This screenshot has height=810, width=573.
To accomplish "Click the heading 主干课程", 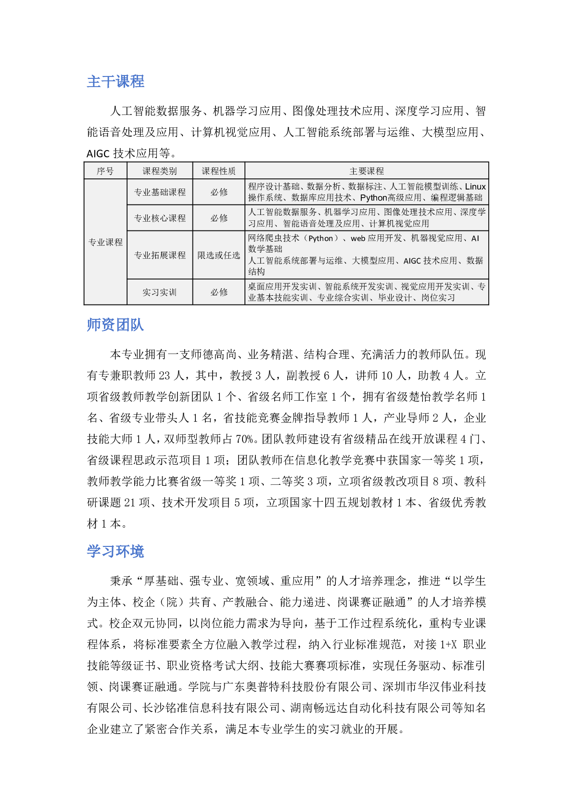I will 115,81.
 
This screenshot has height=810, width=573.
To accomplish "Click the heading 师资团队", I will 115,325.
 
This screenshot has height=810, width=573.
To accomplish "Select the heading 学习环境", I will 115,551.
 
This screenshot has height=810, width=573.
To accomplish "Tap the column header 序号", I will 105,171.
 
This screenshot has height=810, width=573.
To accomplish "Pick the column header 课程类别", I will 160,171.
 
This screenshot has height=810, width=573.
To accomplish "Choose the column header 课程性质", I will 219,171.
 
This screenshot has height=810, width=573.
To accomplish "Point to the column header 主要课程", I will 367,171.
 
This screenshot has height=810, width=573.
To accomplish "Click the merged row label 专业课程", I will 105,242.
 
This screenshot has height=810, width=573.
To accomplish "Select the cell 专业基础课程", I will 160,192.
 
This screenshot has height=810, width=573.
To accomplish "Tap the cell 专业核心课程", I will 160,218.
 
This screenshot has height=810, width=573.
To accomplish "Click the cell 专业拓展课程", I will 160,255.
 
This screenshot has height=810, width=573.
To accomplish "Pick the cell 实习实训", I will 160,292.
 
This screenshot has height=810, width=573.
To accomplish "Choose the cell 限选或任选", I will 219,255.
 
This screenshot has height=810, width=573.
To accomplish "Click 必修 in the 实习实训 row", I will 219,292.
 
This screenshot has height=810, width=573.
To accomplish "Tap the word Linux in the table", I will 475,187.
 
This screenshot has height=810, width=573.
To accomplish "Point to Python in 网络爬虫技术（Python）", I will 321,239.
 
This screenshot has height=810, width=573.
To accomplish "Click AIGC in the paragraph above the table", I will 98,154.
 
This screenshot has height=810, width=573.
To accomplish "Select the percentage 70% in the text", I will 244,439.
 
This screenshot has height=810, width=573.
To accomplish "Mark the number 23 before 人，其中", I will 164,376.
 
